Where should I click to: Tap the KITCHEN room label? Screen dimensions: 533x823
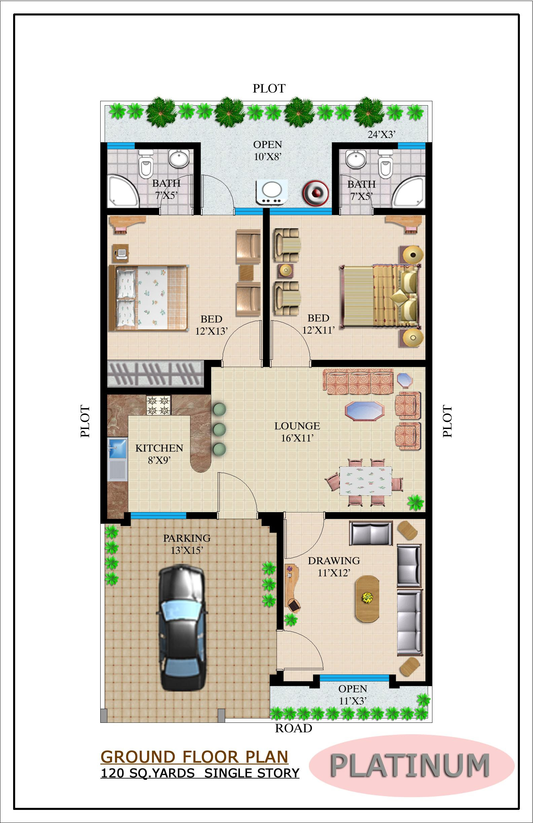(x=159, y=448)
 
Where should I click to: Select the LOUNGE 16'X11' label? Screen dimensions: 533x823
(x=297, y=432)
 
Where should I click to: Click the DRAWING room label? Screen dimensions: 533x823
(x=334, y=560)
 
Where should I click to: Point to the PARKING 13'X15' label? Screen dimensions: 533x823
(x=187, y=544)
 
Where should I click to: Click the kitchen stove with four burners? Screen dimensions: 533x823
(x=158, y=405)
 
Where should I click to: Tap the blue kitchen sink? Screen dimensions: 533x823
(x=117, y=449)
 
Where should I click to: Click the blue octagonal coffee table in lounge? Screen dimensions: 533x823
(x=365, y=411)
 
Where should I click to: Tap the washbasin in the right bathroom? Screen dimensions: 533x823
(x=356, y=159)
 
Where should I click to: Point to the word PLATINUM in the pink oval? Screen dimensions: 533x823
(x=410, y=766)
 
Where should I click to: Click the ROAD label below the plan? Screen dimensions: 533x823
(x=293, y=729)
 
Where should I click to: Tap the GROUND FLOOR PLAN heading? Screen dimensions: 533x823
(x=194, y=757)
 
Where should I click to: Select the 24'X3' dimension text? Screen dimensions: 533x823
(x=381, y=134)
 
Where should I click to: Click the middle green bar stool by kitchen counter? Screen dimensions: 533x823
(x=219, y=429)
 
